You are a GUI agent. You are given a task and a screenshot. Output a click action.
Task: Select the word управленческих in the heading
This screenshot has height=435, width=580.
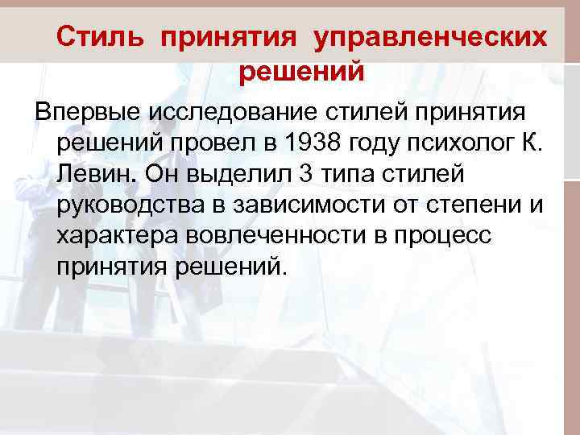(x=430, y=37)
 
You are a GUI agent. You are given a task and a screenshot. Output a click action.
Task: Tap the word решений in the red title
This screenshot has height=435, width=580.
(x=302, y=72)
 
